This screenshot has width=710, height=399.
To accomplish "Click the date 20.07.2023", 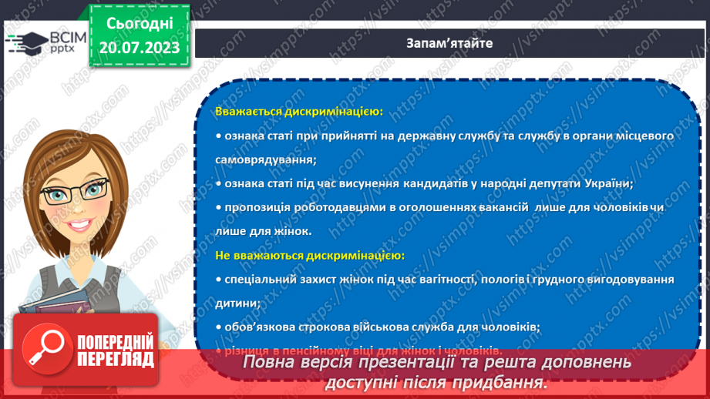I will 139,49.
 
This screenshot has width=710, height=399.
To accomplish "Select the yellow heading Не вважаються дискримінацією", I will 310,255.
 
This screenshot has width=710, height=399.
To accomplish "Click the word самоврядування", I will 266,159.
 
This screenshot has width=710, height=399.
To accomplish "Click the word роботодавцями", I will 318,207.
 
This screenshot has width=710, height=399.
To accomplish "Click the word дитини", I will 237,303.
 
